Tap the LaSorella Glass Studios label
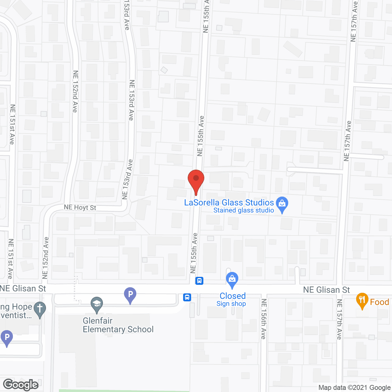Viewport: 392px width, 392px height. pyautogui.click(x=229, y=203)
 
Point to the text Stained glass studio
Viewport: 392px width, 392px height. pyautogui.click(x=243, y=210)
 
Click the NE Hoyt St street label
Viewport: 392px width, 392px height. pyautogui.click(x=80, y=208)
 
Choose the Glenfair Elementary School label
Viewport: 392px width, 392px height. pyautogui.click(x=118, y=325)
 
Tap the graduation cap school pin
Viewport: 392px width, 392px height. pyautogui.click(x=97, y=304)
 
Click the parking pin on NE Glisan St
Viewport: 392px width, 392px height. pyautogui.click(x=130, y=295)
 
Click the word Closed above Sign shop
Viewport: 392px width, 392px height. pyautogui.click(x=232, y=296)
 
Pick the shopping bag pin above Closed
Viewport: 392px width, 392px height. pyautogui.click(x=232, y=280)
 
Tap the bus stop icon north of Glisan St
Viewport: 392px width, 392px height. pyautogui.click(x=199, y=281)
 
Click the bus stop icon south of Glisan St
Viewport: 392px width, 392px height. pyautogui.click(x=187, y=297)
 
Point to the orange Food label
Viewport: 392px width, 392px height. pyautogui.click(x=379, y=302)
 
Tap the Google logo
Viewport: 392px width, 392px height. pyautogui.click(x=21, y=385)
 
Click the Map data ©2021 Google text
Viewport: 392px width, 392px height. pyautogui.click(x=354, y=388)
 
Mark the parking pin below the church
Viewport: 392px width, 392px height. pyautogui.click(x=7, y=338)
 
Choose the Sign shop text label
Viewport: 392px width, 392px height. pyautogui.click(x=231, y=304)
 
